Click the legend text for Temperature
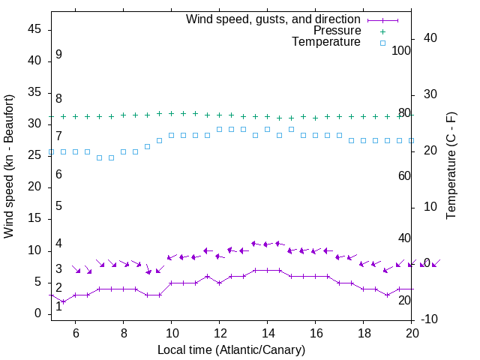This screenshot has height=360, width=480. [326, 42]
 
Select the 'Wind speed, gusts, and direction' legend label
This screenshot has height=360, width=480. [274, 19]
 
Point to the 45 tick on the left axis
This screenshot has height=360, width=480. [34, 29]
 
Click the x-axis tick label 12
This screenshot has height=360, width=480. [220, 331]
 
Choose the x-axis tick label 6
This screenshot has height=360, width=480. [76, 331]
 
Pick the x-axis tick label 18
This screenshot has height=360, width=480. [364, 331]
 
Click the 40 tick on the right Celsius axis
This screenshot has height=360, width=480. [430, 38]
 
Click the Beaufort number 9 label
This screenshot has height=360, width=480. [58, 55]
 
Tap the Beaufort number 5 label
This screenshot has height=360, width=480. [58, 206]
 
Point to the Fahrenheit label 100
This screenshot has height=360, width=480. [401, 50]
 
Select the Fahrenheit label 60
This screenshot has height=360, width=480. [404, 175]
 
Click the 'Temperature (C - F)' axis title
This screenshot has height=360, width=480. [451, 166]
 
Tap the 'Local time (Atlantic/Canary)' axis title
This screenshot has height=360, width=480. [231, 349]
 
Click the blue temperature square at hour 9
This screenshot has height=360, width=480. [148, 146]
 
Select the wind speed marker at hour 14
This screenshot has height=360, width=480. [268, 270]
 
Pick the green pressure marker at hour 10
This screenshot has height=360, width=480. [172, 113]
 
